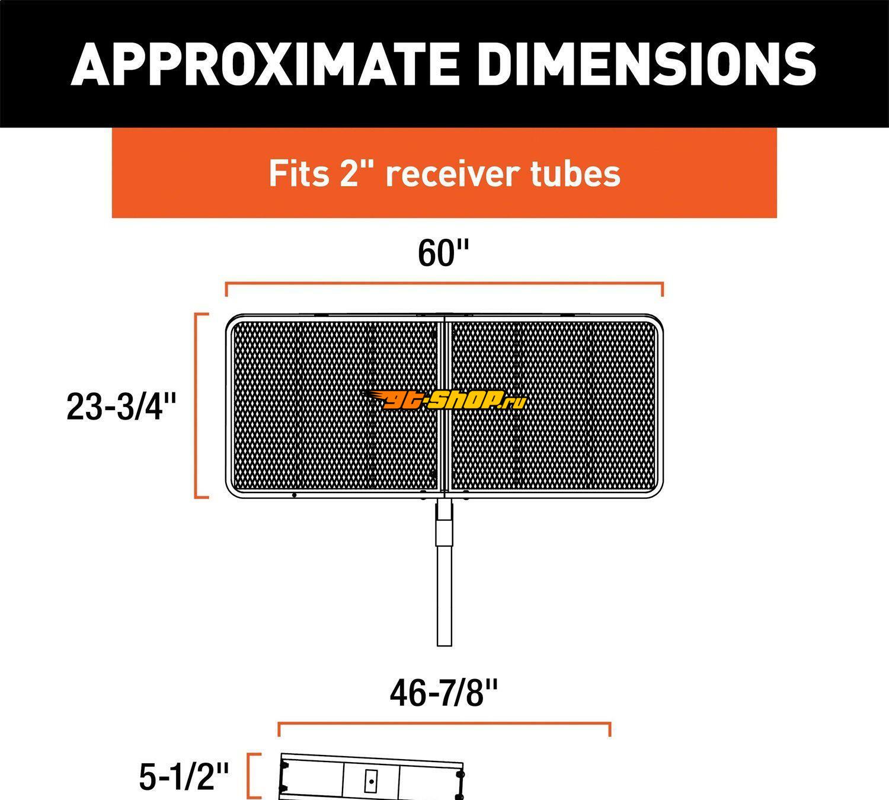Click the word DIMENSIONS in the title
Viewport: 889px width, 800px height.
point(647,64)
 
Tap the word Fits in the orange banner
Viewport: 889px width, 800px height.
point(299,173)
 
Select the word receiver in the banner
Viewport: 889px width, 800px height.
point(452,173)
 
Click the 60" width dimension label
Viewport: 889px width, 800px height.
point(443,253)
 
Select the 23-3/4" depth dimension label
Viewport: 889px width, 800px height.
point(121,407)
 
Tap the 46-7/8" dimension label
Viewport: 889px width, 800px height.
point(444,693)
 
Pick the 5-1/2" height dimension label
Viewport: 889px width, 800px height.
point(184,776)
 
